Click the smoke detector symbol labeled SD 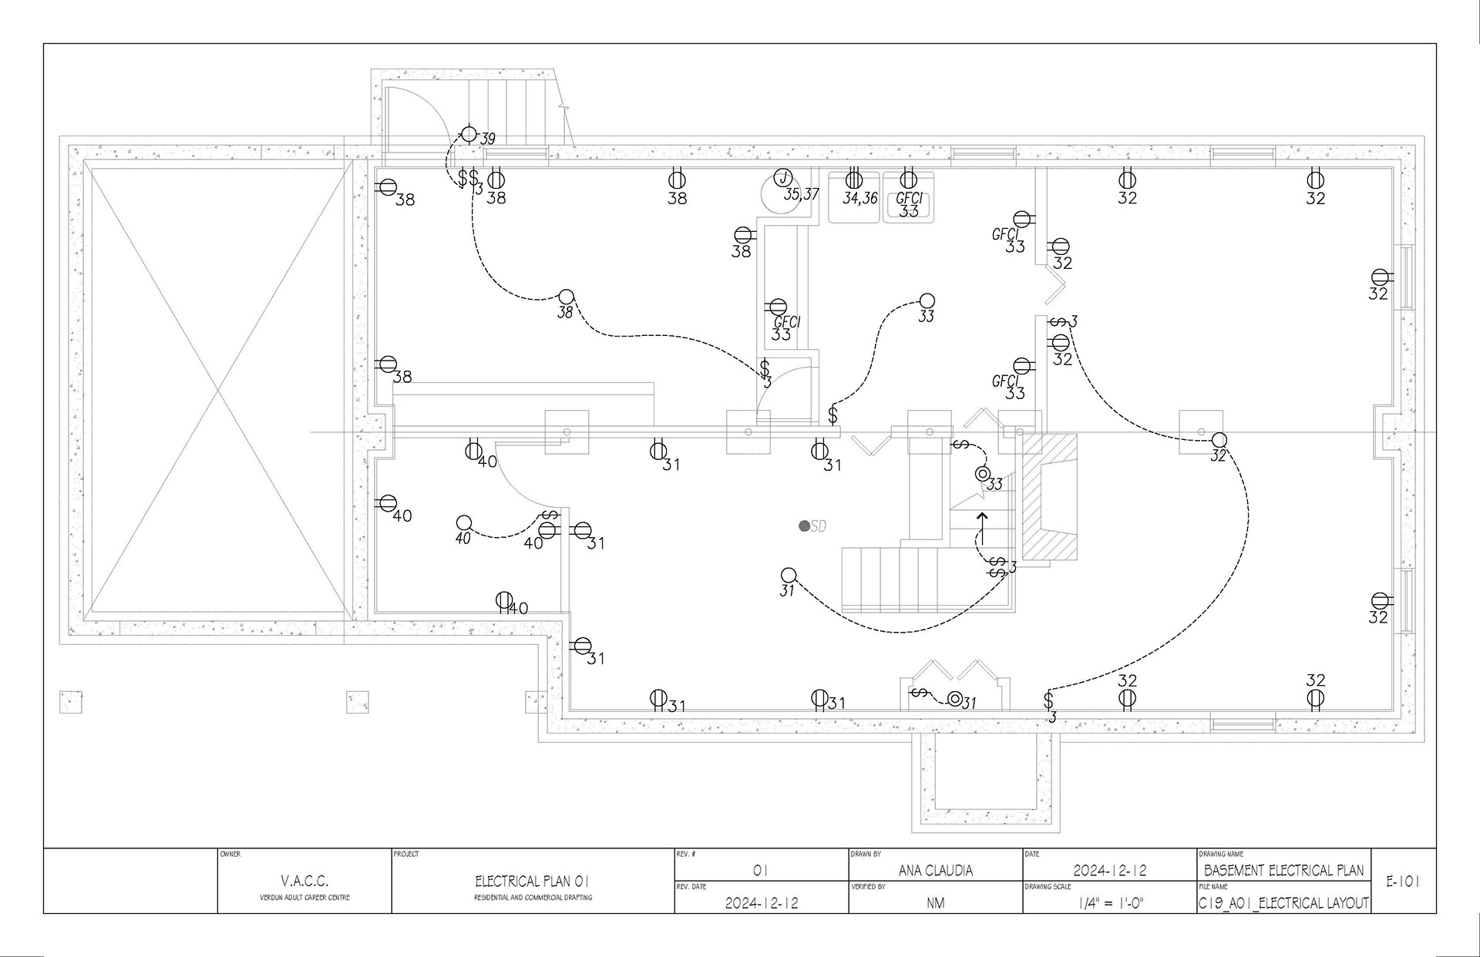click(x=804, y=526)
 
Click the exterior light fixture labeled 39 click(x=469, y=133)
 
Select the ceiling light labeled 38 click(x=566, y=296)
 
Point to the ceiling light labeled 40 click(x=463, y=523)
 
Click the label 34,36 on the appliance click(x=859, y=198)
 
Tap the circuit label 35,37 click(x=801, y=194)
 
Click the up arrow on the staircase click(x=982, y=526)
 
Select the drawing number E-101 click(x=1403, y=881)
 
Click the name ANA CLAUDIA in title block click(x=935, y=871)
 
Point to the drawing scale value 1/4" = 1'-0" click(x=1110, y=903)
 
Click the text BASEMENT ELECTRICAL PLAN click(x=1283, y=871)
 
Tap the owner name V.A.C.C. click(x=304, y=881)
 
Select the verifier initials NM click(x=935, y=903)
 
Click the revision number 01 click(x=760, y=871)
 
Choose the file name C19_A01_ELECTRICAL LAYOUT click(x=1283, y=903)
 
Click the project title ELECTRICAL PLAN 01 click(x=532, y=881)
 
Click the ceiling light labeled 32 click(x=1218, y=440)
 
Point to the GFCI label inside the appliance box click(x=909, y=198)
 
